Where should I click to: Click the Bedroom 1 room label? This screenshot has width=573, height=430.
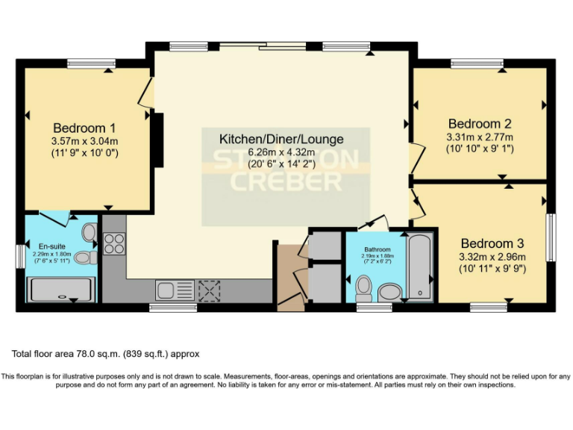pos(84,127)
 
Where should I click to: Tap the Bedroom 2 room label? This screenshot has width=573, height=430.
pos(479,123)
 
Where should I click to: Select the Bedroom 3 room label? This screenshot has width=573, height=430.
pos(492,243)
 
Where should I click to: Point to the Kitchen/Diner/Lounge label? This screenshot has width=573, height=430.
pos(281,139)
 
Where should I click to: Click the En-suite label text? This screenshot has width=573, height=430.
pos(44,244)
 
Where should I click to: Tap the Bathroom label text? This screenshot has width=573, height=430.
pos(378,249)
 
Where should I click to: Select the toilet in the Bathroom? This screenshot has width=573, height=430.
pos(365,287)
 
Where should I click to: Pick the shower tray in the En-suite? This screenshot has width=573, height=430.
pos(61,289)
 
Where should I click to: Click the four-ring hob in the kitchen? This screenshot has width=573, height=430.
pos(115,243)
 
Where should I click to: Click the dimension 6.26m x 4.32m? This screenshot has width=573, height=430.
pos(281,152)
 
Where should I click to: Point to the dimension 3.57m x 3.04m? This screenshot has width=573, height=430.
pos(85,140)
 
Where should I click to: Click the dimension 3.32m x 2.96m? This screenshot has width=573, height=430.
pos(493,258)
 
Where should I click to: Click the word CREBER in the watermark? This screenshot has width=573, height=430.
pos(285,181)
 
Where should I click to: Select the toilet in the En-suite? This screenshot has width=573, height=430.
pos(85,258)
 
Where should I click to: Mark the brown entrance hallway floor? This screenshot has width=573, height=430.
pos(289,280)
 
